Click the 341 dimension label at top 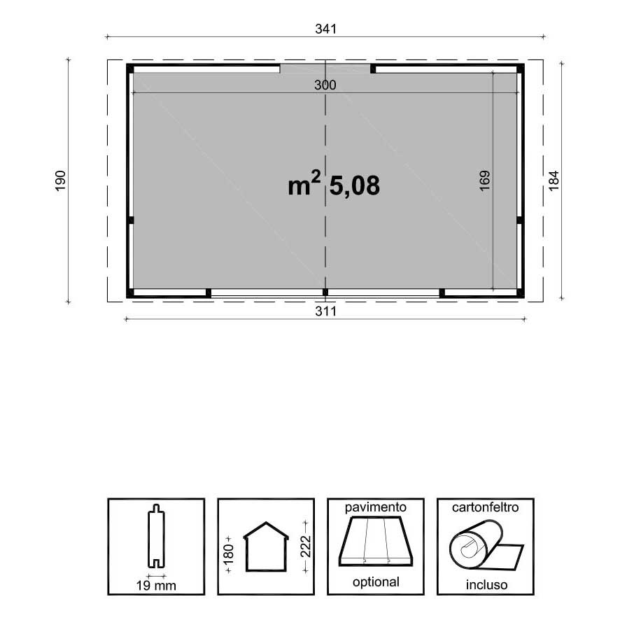coord(325,29)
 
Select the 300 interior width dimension coord(325,85)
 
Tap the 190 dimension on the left coord(60,181)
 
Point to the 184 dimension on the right coord(554,181)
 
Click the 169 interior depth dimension coord(485,181)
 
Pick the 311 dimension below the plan coord(325,311)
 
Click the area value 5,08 coord(354,185)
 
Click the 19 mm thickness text coord(156,585)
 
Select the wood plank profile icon coord(156,536)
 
